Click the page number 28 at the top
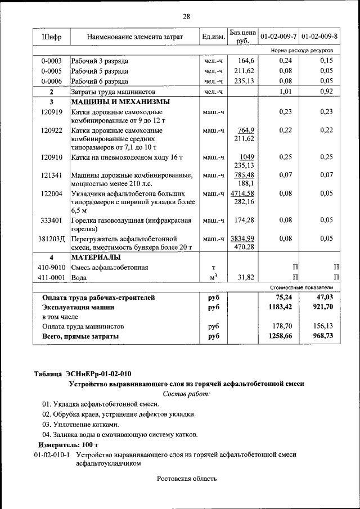pyautogui.click(x=186, y=16)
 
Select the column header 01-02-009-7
pyautogui.click(x=278, y=37)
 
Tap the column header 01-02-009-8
pyautogui.click(x=319, y=37)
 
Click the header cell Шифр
pyautogui.click(x=51, y=37)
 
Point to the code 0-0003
pyautogui.click(x=51, y=61)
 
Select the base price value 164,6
pyautogui.click(x=246, y=61)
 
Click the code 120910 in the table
pyautogui.click(x=51, y=157)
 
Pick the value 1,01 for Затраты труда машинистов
pyautogui.click(x=288, y=91)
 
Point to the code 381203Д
pyautogui.click(x=52, y=238)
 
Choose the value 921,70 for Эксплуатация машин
pyautogui.click(x=322, y=308)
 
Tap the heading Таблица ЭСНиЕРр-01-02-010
pyautogui.click(x=84, y=373)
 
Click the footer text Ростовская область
pyautogui.click(x=186, y=479)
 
